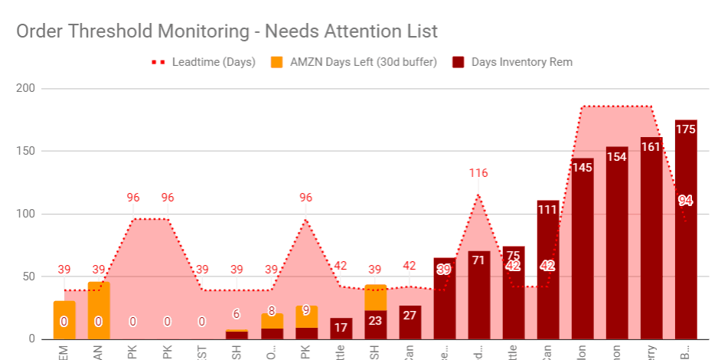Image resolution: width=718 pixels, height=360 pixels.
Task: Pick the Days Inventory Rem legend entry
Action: tap(521, 62)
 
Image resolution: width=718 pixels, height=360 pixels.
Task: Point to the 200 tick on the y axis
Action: tap(26, 88)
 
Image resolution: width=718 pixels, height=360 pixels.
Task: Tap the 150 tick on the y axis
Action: tap(26, 151)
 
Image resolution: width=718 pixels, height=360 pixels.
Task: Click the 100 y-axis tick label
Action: tap(26, 214)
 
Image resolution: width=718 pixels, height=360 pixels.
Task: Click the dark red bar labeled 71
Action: tap(479, 299)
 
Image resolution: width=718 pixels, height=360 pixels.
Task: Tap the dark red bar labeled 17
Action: tap(341, 329)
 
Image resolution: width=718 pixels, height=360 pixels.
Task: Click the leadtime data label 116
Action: tap(478, 173)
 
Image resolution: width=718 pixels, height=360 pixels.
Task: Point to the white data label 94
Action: tap(686, 201)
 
